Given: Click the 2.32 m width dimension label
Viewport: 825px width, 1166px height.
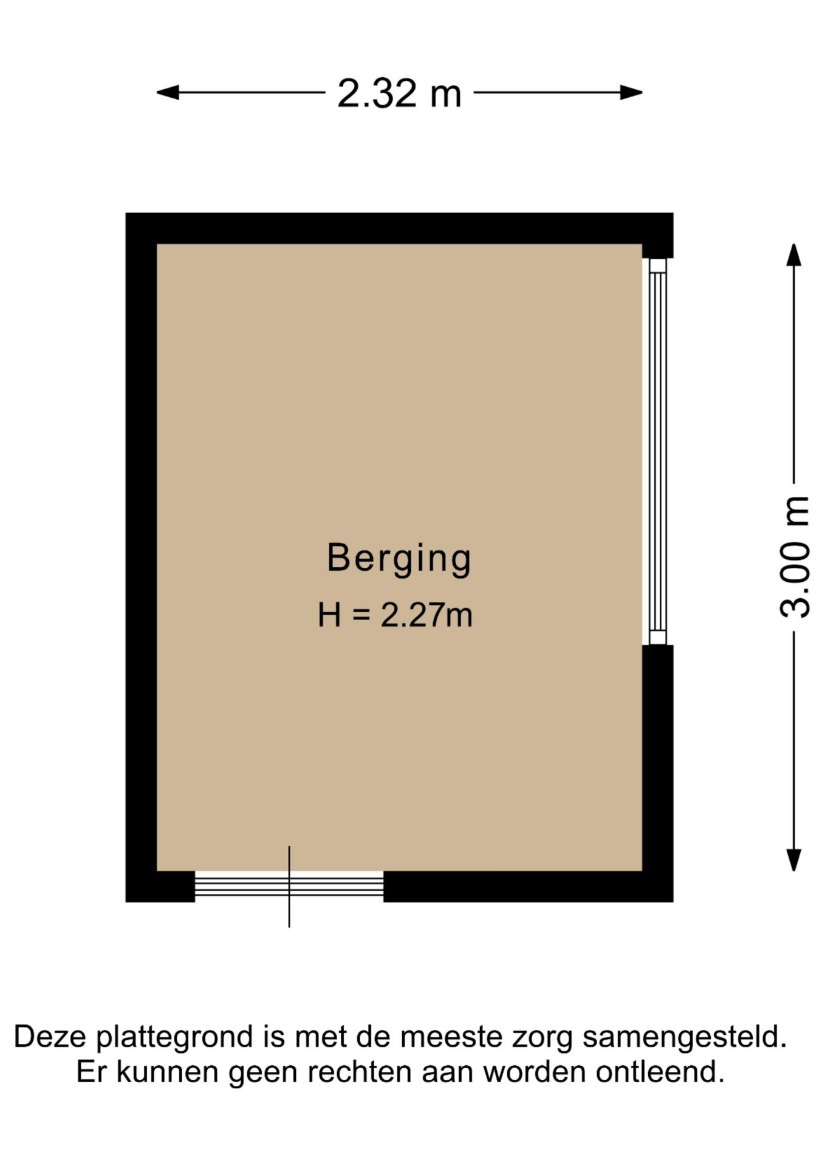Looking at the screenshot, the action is tap(399, 94).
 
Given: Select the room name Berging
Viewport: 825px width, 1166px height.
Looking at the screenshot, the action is tap(399, 559).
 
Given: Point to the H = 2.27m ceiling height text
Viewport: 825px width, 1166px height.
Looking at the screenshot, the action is tap(395, 615).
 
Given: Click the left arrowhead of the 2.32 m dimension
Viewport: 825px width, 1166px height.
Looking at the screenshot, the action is tap(168, 92).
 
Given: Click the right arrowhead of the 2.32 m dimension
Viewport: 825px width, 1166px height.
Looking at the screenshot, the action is tap(631, 92).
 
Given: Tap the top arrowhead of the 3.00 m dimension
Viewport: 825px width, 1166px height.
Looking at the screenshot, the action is tap(793, 254).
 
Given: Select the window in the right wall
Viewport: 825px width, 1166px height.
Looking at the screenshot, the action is tap(657, 451).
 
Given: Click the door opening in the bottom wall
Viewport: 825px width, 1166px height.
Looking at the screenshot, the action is tap(289, 886).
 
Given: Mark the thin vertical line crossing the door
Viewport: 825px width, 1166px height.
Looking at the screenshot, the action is tap(289, 887).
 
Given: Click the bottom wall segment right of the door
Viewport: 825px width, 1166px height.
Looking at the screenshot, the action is tap(529, 887).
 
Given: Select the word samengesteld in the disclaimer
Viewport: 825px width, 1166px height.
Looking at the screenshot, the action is tap(685, 1037).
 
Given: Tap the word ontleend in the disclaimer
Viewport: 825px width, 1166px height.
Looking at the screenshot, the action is tap(660, 1072).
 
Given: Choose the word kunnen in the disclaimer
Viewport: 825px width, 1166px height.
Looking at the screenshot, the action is tap(167, 1072).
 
